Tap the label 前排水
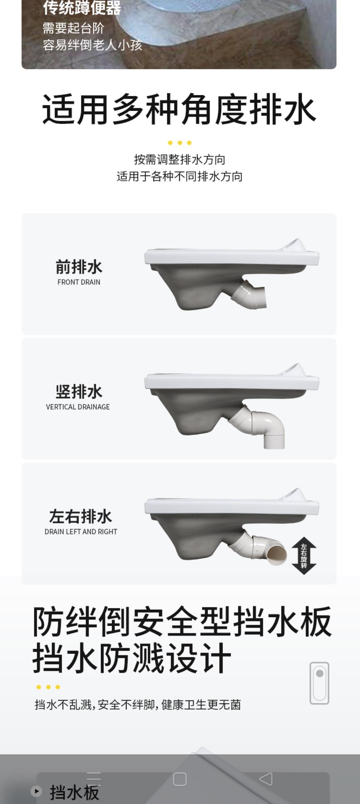79,267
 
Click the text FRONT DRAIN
79,282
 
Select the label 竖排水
79,391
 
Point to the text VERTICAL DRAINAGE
78,407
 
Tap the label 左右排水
81,516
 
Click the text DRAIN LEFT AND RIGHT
81,531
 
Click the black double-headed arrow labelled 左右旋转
304,556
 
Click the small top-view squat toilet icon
319,683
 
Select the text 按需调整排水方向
180,160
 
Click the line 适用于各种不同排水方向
180,176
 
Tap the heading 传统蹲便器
82,8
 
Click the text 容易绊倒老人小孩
92,45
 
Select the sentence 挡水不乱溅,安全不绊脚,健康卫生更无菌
138,705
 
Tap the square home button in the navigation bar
180,779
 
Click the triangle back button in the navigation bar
266,779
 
